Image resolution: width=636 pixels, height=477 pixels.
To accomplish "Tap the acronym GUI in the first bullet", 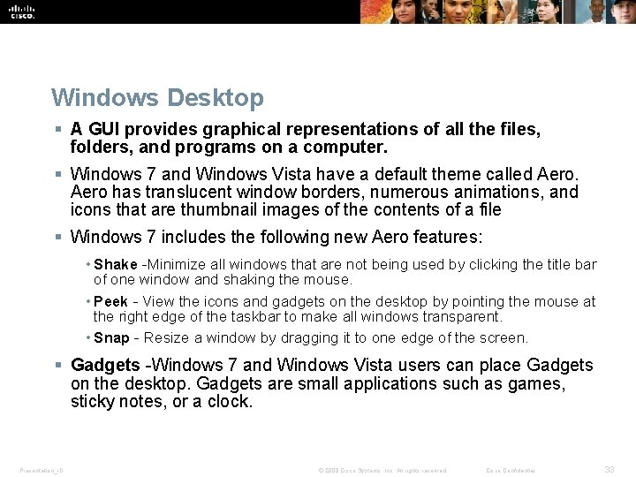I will [x=104, y=129].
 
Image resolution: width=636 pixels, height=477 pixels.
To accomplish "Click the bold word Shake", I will [x=115, y=265].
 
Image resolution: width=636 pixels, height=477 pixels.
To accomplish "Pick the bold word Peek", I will [x=111, y=302].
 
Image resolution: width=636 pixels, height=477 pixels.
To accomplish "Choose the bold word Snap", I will [x=111, y=338].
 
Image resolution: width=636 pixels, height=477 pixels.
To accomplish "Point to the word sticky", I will [x=93, y=401].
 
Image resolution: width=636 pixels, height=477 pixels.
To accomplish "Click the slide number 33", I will [x=609, y=470].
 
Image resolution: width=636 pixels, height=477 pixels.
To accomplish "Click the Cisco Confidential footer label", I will [x=511, y=470].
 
